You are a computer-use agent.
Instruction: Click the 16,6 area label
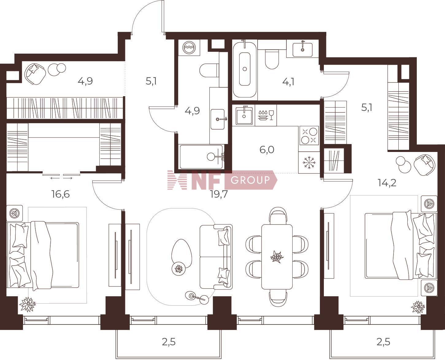61,194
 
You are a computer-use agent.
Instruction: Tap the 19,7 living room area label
219,195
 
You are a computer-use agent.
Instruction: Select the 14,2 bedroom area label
387,183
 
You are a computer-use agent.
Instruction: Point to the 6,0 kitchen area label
267,150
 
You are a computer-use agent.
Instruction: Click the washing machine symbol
189,47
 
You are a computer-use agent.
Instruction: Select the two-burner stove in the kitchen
309,135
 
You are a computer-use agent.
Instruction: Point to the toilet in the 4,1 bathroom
272,59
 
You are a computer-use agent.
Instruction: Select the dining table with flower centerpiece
277,257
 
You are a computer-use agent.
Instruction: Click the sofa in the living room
216,257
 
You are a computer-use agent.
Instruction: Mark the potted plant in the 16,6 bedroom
27,305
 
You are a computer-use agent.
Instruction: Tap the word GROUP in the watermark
250,180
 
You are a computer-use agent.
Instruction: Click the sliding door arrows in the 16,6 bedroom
62,178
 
